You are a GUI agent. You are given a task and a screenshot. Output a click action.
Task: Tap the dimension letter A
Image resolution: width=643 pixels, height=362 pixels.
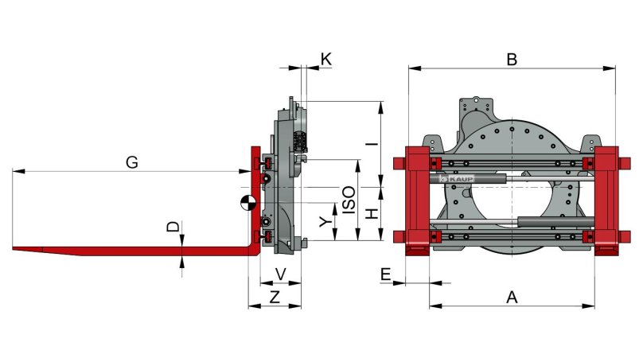click(512, 298)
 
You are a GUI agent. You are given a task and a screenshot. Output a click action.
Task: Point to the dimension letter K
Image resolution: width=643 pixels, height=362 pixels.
click(325, 59)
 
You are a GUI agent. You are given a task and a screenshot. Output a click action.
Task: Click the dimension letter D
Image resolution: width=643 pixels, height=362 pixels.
click(173, 228)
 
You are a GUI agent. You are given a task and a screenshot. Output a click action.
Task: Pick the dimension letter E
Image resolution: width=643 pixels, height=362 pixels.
click(385, 274)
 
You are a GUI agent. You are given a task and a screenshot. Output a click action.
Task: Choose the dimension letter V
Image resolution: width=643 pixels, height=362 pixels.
click(280, 274)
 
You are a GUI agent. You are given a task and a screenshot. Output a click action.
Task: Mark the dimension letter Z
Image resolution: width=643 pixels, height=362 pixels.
click(275, 298)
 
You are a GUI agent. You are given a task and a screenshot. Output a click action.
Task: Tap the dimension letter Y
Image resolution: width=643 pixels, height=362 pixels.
click(324, 223)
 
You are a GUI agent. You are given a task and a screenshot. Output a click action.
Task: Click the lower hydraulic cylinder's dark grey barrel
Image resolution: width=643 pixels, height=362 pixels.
click(554, 222)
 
